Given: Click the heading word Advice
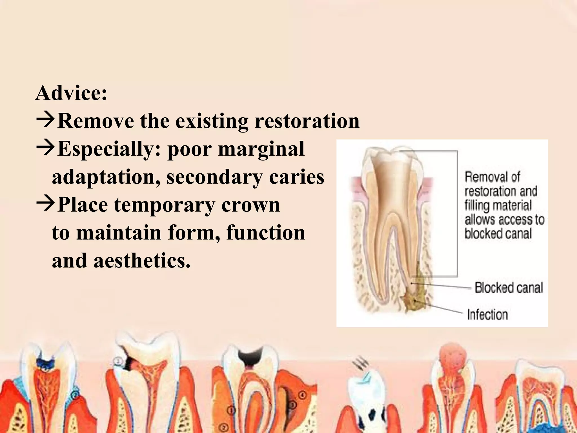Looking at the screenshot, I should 71,93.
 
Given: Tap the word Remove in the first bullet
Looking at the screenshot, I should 96,121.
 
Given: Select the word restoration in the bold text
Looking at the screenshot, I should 307,121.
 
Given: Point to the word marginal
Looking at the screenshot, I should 261,149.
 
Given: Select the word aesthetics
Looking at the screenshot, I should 142,260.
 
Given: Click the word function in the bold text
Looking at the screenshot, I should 266,233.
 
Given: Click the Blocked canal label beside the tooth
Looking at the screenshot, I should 509,288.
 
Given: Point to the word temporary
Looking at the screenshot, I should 165,205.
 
